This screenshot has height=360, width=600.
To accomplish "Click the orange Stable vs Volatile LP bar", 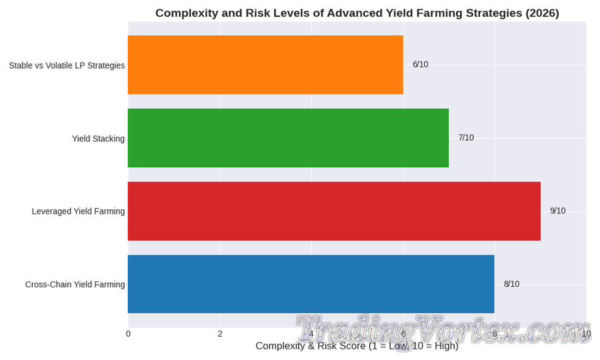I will click(265, 65).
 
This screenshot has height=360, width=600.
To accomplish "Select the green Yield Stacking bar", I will click(288, 138).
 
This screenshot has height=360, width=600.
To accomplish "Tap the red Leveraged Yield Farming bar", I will click(334, 211).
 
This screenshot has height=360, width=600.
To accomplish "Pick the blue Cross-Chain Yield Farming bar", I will click(311, 284).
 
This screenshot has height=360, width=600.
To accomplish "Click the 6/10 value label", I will click(420, 65).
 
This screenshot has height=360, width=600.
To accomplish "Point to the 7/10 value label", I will click(466, 138).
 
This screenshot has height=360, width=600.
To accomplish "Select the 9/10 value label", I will click(557, 211).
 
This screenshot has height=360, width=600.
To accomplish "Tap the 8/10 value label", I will click(511, 284).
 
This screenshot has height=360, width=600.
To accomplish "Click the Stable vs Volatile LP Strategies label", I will click(67, 65).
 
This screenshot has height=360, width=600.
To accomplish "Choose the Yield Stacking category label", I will click(98, 139).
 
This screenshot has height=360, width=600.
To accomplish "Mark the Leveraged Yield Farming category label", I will click(78, 211).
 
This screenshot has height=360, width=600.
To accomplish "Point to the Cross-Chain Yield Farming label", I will click(75, 285).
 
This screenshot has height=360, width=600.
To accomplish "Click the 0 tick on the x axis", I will click(128, 334).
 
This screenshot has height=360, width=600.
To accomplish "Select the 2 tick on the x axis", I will click(220, 334).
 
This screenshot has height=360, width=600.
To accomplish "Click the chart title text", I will click(357, 13).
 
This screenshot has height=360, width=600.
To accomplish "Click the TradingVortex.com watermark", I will click(443, 331).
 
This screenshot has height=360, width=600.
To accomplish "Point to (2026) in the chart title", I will click(539, 13).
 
